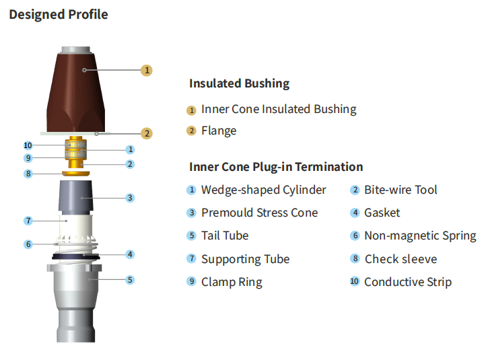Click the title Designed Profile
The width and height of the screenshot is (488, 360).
pos(58,14)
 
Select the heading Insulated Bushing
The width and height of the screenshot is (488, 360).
pos(239,83)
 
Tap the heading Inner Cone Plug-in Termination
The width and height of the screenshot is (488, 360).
pos(276,167)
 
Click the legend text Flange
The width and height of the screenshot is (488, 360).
pos(219,131)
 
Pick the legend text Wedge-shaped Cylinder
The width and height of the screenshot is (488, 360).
pos(263,190)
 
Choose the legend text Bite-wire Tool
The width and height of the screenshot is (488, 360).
pos(400,190)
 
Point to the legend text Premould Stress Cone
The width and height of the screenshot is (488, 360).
pos(259,213)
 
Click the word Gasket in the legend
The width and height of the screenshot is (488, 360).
pos(382,213)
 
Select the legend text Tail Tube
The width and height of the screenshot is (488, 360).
pos(225,236)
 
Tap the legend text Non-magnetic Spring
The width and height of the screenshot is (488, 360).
pos(420,236)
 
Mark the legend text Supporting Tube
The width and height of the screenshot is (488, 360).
pos(245,259)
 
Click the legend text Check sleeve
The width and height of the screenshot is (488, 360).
pos(400,259)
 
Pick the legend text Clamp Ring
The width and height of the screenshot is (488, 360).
pos(232,282)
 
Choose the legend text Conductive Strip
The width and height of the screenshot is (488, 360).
pos(408,282)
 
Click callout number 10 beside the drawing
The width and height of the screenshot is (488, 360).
pos(28,145)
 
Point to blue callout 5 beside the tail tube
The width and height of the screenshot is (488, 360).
pos(130,279)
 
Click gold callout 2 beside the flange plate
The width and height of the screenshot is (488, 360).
pos(147,133)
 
